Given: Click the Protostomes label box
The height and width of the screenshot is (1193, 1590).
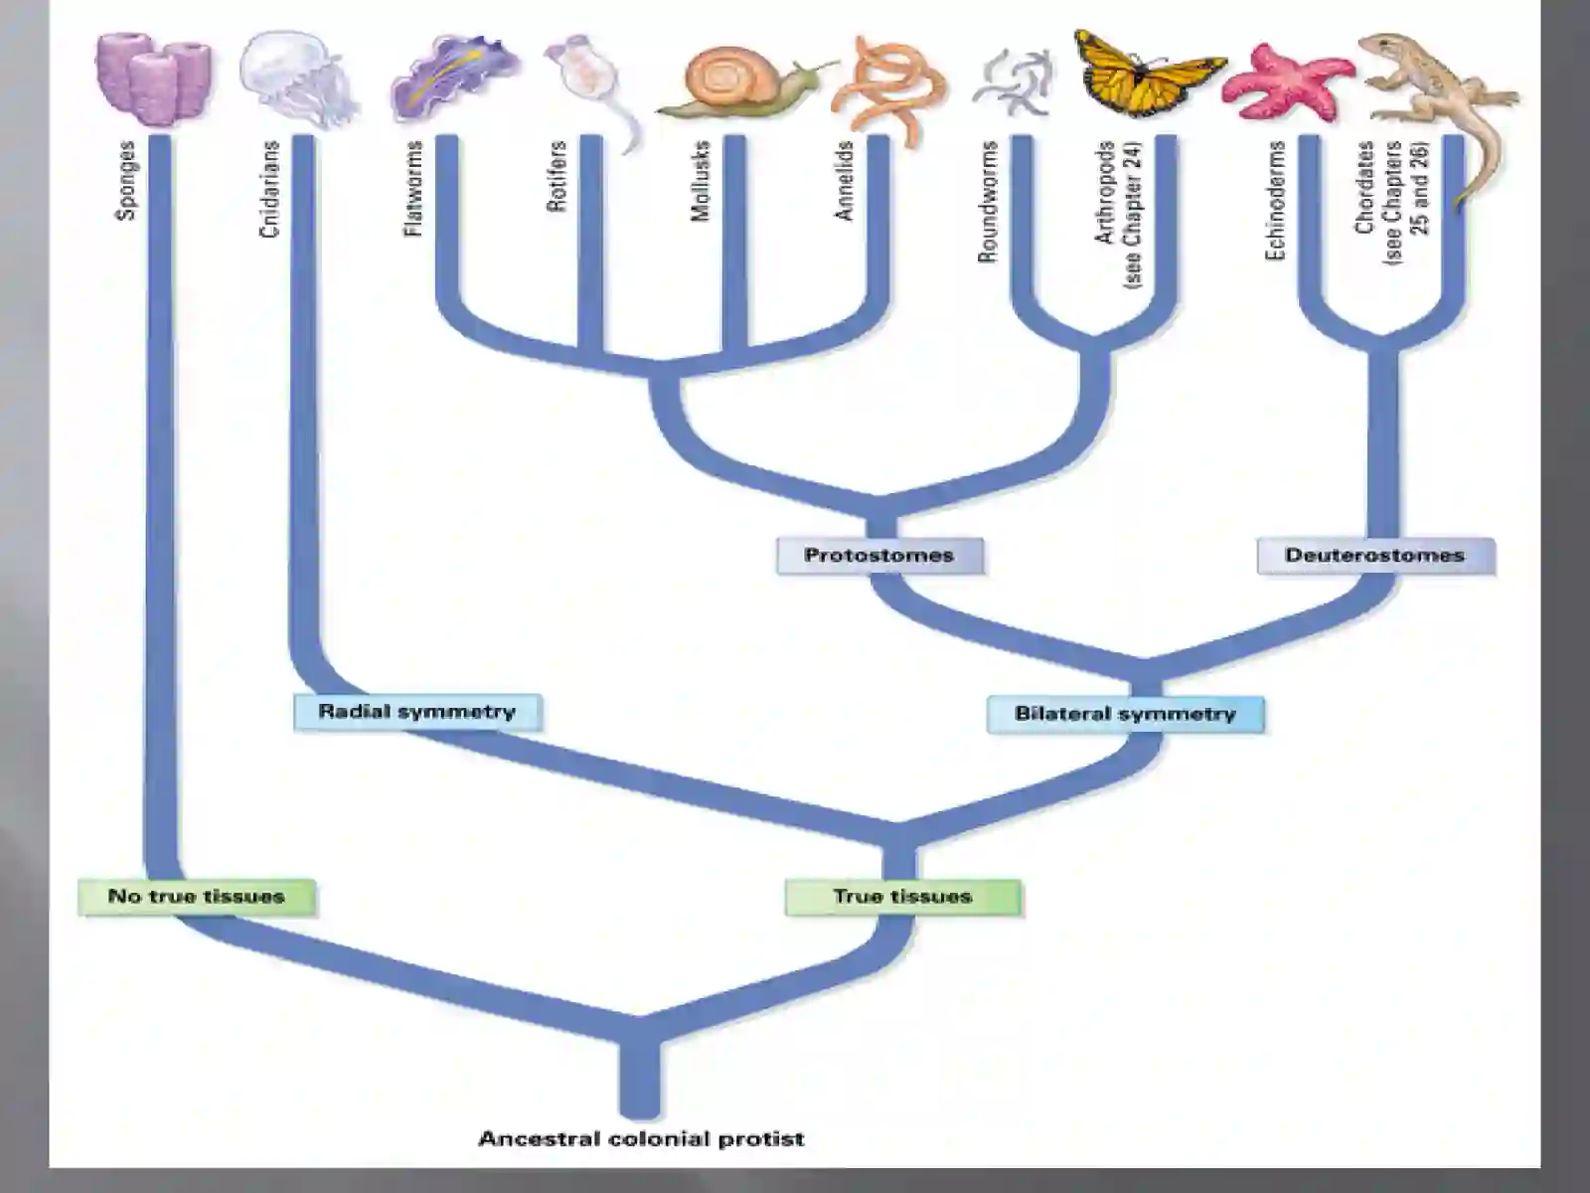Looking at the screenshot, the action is [880, 556].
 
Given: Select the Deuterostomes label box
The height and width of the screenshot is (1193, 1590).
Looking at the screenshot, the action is [1375, 556].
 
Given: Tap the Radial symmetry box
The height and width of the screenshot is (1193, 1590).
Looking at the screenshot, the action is [417, 712].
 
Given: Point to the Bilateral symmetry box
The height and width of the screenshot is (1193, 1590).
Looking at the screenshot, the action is [1125, 714].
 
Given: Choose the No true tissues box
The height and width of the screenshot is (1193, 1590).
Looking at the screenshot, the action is [197, 897].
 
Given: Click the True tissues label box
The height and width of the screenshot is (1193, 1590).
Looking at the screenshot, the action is [902, 897].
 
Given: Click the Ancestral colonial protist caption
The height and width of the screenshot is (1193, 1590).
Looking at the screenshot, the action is [641, 1138].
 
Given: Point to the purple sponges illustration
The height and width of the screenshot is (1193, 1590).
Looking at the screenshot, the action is [154, 79].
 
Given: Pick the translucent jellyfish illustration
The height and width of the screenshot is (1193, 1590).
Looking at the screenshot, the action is [298, 77].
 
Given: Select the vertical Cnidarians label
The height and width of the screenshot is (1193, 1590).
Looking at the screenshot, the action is [268, 189].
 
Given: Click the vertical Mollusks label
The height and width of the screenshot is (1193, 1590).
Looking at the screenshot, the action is [700, 180].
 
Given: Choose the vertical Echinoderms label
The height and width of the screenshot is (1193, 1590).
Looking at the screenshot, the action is [1275, 201].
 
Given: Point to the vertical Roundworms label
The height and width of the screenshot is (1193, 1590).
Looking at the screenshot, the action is [988, 202].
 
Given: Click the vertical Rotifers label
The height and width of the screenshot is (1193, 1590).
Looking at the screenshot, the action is [556, 176].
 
